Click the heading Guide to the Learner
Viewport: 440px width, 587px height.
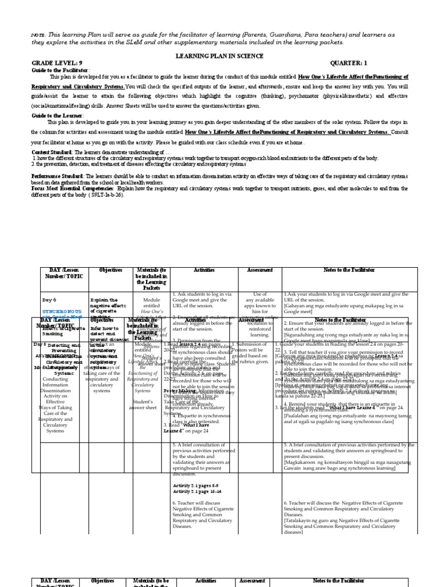tap(56, 114)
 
